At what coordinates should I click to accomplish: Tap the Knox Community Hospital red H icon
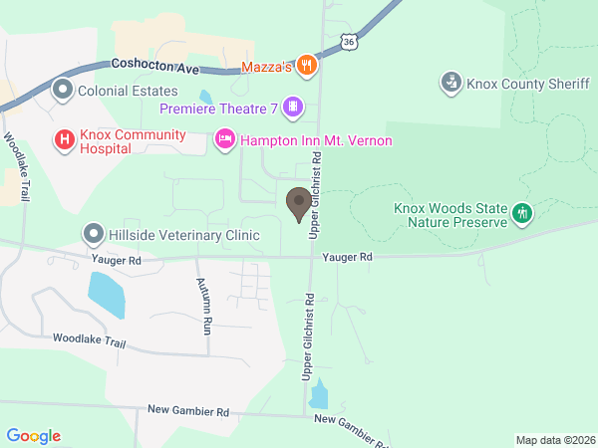click(65, 140)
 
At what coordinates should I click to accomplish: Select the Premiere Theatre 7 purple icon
click(292, 106)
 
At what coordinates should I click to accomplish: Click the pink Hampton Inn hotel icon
click(224, 140)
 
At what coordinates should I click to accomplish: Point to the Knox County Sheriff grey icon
click(451, 82)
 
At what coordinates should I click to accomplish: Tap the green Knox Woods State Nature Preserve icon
click(521, 213)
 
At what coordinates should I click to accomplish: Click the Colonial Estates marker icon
click(62, 91)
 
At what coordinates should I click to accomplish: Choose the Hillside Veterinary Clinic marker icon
click(94, 235)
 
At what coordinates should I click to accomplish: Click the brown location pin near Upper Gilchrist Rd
click(297, 203)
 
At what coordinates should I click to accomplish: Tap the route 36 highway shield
click(346, 42)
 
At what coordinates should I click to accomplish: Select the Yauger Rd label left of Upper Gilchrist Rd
click(116, 259)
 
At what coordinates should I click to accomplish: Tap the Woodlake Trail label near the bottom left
click(89, 340)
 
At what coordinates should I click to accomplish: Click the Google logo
click(34, 436)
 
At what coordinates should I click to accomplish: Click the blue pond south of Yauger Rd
click(107, 295)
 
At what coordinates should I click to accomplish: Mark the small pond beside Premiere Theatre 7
click(206, 99)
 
